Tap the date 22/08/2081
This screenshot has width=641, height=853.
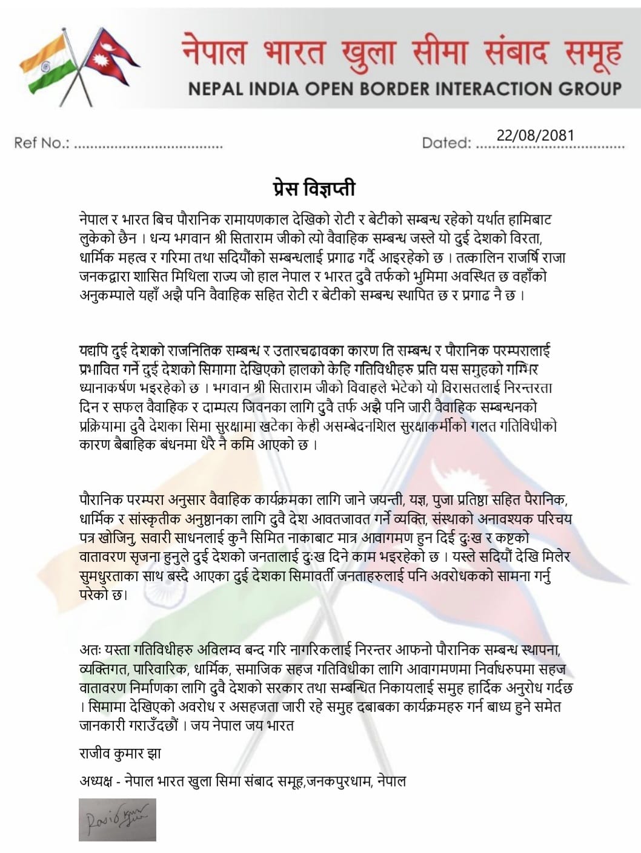534,135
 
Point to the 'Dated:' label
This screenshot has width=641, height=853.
447,143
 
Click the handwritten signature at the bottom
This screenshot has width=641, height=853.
117,818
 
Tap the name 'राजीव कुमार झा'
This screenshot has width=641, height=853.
120,754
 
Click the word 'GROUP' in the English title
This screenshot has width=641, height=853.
587,89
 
